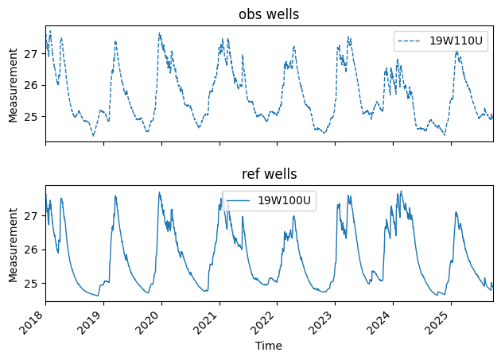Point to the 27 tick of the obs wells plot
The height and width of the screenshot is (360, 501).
33,53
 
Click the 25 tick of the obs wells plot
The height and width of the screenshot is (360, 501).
33,116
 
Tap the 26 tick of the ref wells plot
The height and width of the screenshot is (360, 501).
33,250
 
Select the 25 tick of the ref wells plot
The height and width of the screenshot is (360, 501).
33,283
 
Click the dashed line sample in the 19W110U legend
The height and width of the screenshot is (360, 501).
412,41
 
